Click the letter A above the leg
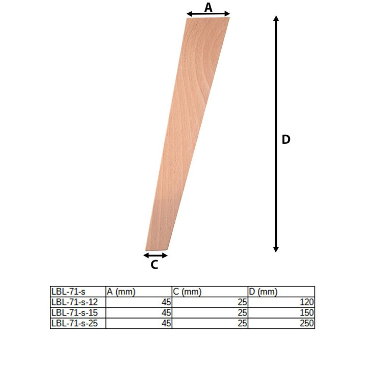[208, 7]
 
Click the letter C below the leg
[154, 265]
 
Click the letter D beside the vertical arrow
[286, 139]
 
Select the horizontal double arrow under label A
[208, 14]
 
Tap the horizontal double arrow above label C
[155, 255]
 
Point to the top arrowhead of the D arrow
[276, 18]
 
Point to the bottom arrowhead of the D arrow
[276, 249]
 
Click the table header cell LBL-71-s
[68, 292]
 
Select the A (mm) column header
[121, 292]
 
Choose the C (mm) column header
[187, 292]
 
